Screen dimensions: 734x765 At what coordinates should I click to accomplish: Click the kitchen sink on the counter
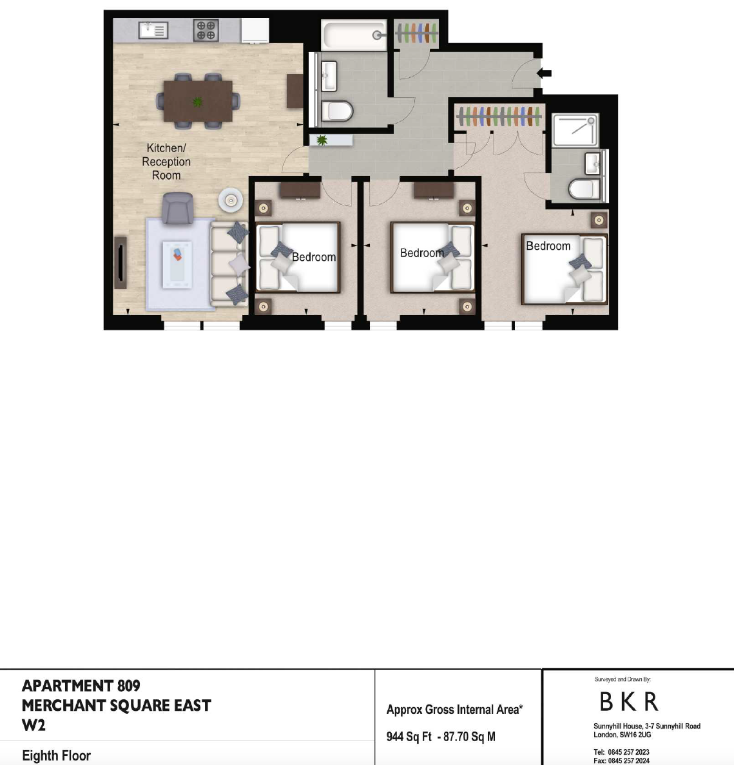click(153, 30)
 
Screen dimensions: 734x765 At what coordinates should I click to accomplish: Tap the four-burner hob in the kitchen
click(206, 30)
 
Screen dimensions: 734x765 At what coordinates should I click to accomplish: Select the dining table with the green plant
click(198, 101)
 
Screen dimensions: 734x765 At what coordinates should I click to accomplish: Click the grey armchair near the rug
click(177, 207)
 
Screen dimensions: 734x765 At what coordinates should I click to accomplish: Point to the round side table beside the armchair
click(230, 200)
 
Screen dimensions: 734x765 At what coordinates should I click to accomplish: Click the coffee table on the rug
click(177, 264)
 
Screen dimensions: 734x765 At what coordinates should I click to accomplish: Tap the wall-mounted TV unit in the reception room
click(120, 263)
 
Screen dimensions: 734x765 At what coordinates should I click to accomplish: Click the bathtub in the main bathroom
click(354, 35)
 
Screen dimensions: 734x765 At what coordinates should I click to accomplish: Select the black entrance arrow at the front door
click(544, 73)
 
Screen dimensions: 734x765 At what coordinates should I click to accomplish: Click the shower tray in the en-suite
click(575, 130)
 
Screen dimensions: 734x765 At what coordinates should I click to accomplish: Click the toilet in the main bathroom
click(337, 111)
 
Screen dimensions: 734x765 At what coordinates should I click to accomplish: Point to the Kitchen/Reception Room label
click(166, 162)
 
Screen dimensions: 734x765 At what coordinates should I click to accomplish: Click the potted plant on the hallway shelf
click(322, 140)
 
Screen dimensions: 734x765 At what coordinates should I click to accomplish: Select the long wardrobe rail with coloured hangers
click(499, 117)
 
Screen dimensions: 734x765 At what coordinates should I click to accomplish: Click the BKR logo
click(629, 702)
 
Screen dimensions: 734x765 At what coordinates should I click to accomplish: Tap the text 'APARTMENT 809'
click(81, 686)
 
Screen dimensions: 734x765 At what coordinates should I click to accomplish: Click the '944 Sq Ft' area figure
click(409, 736)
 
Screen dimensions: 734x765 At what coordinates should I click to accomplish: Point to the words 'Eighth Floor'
click(57, 755)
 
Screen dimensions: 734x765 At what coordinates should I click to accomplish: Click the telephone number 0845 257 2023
click(628, 752)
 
